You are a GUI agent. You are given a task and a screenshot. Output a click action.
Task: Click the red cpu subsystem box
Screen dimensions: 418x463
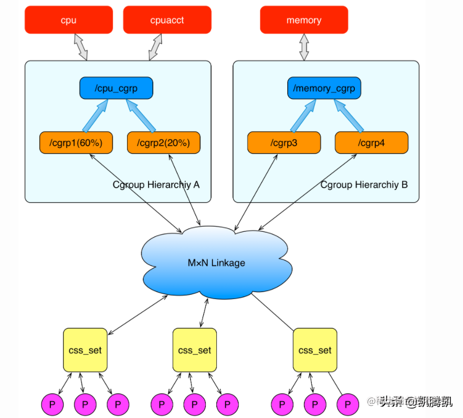[69, 20]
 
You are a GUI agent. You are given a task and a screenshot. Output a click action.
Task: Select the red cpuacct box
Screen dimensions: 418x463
[167, 20]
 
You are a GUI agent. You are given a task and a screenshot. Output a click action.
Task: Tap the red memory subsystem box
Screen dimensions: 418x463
[304, 20]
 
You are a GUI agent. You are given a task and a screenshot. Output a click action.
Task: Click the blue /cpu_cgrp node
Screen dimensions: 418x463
[116, 88]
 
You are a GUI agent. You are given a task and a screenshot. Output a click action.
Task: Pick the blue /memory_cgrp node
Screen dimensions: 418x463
[324, 88]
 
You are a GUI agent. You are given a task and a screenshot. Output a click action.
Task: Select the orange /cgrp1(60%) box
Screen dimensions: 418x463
[76, 143]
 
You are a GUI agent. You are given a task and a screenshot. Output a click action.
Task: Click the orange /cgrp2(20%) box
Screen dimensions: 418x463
[163, 143]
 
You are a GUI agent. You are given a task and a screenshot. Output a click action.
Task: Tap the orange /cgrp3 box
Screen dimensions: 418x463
[283, 143]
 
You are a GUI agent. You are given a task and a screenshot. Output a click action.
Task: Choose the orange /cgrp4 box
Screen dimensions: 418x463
[372, 143]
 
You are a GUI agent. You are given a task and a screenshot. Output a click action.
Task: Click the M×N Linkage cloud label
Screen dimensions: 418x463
[216, 263]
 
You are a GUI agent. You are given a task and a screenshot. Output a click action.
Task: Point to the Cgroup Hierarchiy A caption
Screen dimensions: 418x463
[156, 185]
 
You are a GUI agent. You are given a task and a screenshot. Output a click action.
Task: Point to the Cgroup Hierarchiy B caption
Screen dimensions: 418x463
[364, 185]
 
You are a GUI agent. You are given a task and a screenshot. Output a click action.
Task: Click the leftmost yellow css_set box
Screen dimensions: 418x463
[85, 350]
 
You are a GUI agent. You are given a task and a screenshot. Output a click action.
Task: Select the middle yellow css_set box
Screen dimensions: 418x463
[195, 350]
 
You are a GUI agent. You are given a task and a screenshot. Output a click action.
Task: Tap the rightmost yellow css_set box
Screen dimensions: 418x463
[315, 350]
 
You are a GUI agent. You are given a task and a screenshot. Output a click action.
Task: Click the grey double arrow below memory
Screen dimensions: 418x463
[304, 47]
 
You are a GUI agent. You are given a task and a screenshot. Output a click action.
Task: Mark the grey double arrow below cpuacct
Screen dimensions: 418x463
[156, 47]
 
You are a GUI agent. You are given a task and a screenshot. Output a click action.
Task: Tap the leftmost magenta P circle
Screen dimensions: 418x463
[52, 404]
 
